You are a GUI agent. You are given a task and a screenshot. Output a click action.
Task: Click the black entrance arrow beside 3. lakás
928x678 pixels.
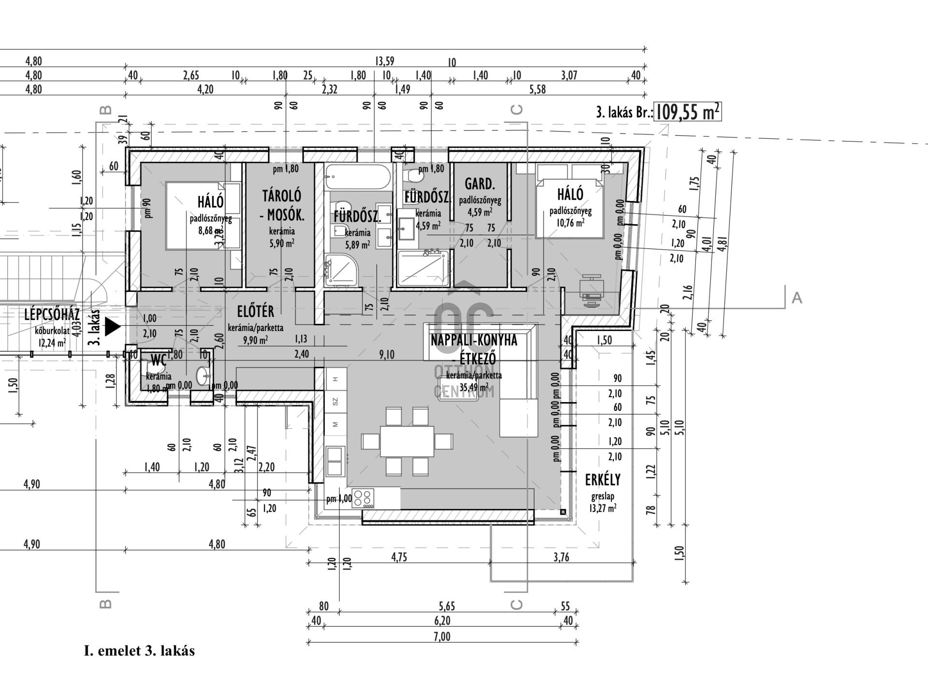pyautogui.click(x=112, y=327)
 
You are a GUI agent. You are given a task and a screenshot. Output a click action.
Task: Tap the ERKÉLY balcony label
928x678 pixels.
pyautogui.click(x=602, y=480)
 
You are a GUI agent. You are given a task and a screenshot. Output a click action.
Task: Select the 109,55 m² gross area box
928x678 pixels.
pyautogui.click(x=687, y=112)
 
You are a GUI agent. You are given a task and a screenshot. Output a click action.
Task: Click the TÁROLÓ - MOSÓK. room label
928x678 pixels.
pyautogui.click(x=282, y=205)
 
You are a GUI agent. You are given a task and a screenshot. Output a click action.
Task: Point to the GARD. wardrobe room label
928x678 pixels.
pyautogui.click(x=479, y=184)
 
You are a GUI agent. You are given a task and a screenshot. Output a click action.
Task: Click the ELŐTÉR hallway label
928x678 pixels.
pyautogui.click(x=256, y=312)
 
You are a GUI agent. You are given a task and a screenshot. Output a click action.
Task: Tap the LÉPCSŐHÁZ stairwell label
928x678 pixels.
pyautogui.click(x=52, y=315)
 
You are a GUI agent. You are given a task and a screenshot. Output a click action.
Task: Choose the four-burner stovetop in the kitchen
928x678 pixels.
pyautogui.click(x=363, y=498)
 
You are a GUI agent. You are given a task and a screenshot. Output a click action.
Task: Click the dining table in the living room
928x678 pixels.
pyautogui.click(x=406, y=441)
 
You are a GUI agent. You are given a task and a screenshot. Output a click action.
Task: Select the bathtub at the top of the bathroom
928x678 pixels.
pyautogui.click(x=358, y=177)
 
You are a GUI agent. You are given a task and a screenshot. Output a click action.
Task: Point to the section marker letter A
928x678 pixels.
pyautogui.click(x=797, y=298)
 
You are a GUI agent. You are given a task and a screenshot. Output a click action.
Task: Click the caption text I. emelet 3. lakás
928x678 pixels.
pyautogui.click(x=139, y=650)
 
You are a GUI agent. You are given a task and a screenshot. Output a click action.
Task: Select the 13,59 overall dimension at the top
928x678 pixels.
pyautogui.click(x=384, y=61)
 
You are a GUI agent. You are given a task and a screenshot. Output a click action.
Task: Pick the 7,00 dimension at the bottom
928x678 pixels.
pyautogui.click(x=442, y=636)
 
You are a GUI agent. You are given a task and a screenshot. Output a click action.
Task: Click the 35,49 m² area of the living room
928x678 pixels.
pyautogui.click(x=474, y=387)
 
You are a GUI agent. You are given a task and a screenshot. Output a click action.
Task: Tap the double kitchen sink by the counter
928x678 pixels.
pyautogui.click(x=335, y=461)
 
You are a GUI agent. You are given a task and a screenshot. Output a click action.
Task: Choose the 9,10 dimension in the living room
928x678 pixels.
pyautogui.click(x=387, y=355)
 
